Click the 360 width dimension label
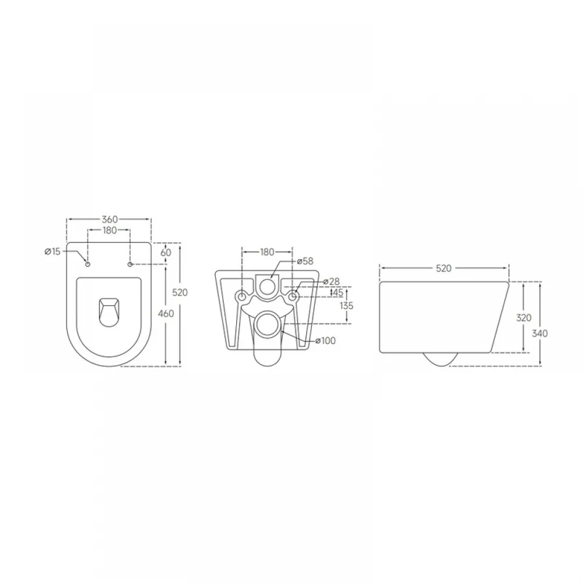coord(110,219)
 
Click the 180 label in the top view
coord(110,230)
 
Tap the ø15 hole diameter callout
coord(52,252)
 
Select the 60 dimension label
coord(166,252)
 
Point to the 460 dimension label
coord(166,314)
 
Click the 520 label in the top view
coord(180,293)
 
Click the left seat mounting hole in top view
coord(88,264)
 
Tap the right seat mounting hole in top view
coord(130,264)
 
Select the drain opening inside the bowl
coord(109,312)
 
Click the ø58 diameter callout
coord(305,261)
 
